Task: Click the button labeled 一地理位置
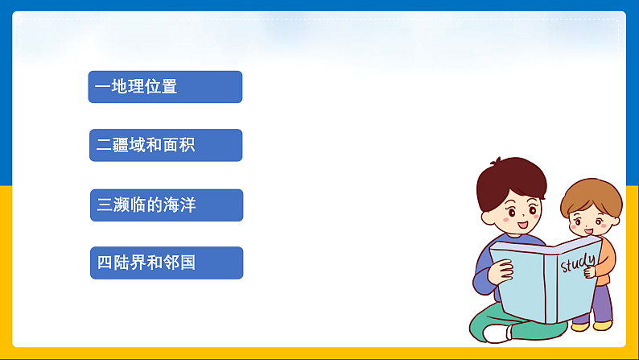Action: point(165,86)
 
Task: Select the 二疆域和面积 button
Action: point(165,145)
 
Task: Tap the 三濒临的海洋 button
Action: point(166,205)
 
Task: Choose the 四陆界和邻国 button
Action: point(166,263)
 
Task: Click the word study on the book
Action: point(579,262)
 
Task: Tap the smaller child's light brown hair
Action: point(592,193)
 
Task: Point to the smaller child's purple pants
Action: point(602,302)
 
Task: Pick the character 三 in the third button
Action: point(105,205)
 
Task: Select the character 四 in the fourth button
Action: point(105,263)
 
